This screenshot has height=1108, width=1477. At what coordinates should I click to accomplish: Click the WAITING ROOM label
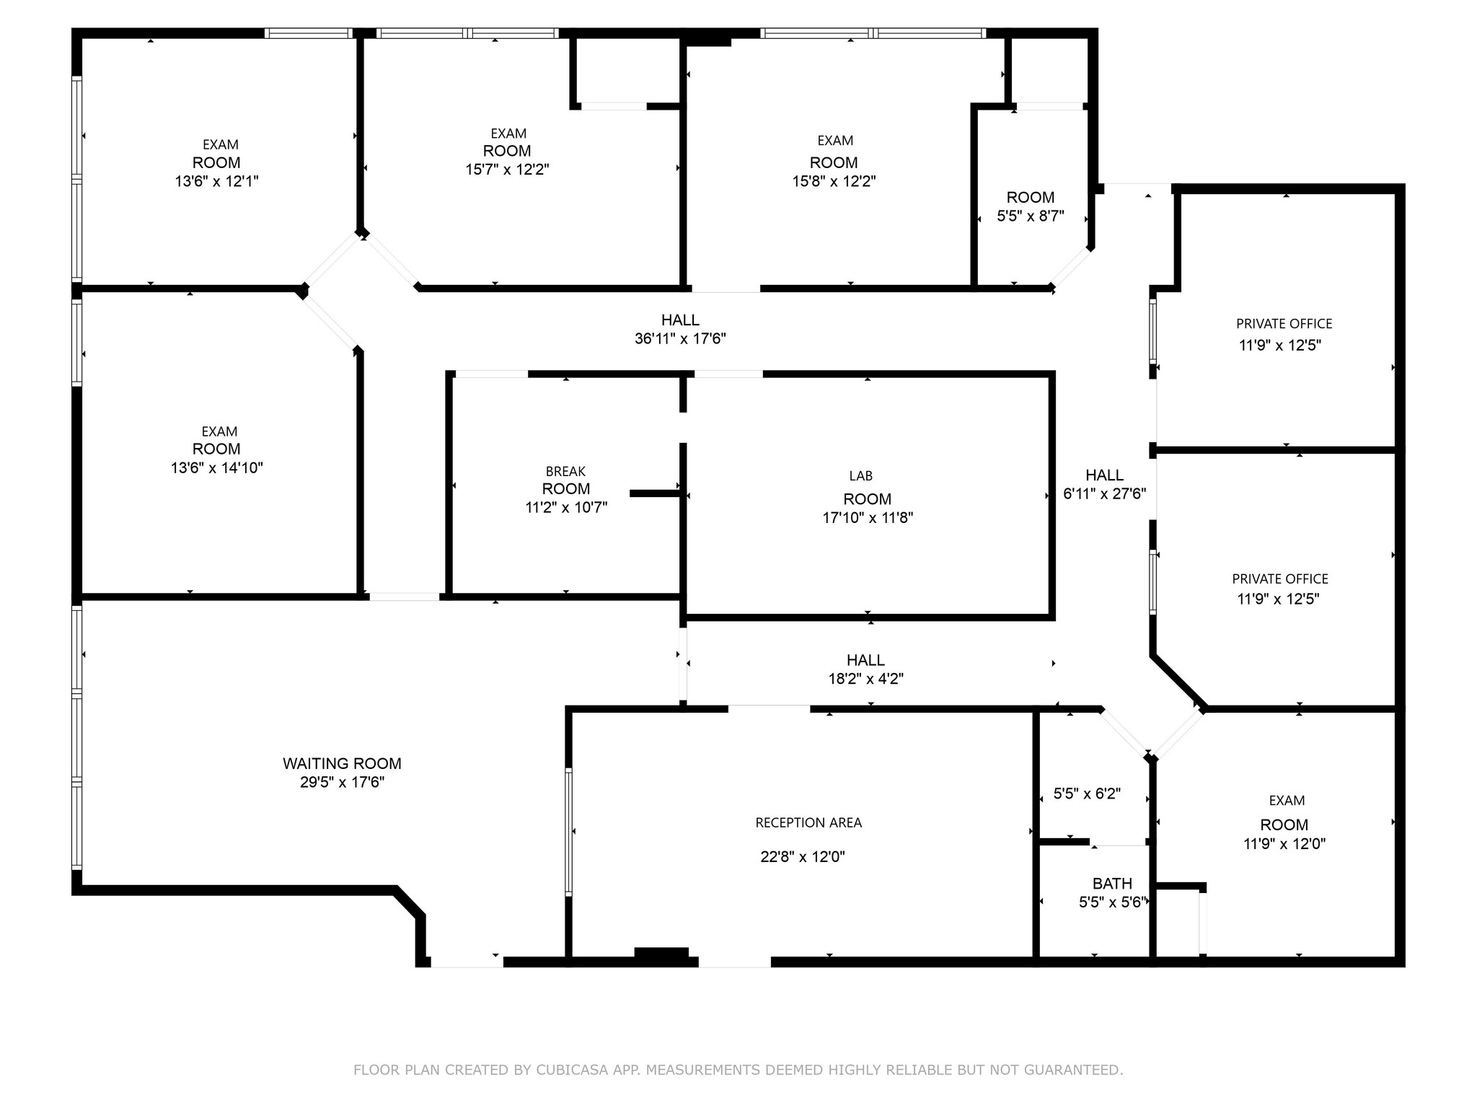pos(342,763)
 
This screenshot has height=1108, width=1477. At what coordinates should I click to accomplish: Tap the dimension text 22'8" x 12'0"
pos(802,857)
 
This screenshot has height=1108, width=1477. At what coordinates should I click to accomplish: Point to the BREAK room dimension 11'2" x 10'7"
pos(566,508)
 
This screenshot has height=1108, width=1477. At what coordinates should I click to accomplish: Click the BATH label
pos(1112,884)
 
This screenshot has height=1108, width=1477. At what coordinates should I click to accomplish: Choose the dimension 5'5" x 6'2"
pos(1087,794)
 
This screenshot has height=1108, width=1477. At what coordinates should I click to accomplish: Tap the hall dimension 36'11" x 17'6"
pos(680,339)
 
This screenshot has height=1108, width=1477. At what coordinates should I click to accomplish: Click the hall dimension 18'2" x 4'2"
pos(865,679)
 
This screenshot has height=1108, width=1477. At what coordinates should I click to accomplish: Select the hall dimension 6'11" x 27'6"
pos(1104,494)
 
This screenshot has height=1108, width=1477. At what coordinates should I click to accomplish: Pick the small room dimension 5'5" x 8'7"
pos(1031,216)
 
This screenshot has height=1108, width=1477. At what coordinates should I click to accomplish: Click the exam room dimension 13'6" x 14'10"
pos(216,468)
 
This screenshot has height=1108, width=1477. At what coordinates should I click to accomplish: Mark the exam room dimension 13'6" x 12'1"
pos(216,181)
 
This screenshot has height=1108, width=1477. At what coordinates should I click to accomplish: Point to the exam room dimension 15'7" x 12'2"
pos(507,170)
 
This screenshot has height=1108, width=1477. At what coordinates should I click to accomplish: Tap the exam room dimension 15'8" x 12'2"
pos(834,181)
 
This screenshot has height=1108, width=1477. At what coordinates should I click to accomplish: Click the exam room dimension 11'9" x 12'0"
pos(1284,844)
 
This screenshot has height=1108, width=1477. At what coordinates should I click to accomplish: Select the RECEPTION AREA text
pos(808,823)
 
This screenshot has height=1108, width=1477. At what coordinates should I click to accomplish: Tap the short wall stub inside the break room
pos(654,493)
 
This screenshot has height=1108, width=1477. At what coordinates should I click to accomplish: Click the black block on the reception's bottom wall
pos(661,953)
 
